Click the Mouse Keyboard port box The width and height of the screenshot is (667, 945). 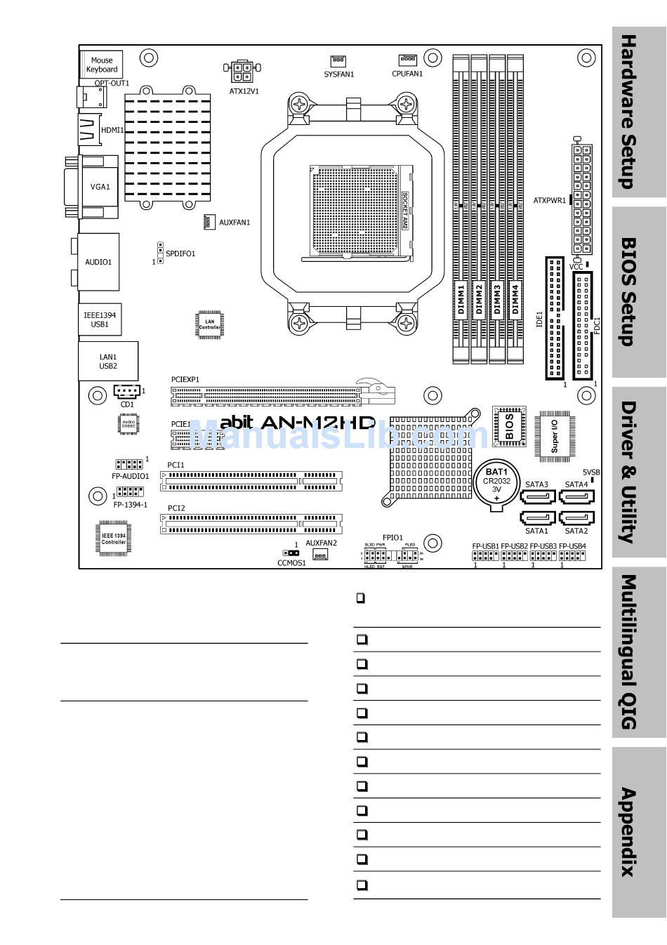[x=102, y=65]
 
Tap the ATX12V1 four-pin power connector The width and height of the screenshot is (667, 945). [x=242, y=71]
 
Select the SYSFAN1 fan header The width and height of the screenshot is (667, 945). [x=338, y=61]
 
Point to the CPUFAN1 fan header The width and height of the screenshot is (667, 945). [x=407, y=60]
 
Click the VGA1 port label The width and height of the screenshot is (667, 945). [x=100, y=187]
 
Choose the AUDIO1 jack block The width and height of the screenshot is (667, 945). [x=98, y=262]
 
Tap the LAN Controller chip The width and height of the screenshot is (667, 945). [x=209, y=324]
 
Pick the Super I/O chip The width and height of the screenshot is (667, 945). [x=555, y=435]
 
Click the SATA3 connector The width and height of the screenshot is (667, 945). [x=537, y=497]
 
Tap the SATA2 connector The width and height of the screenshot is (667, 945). [x=576, y=518]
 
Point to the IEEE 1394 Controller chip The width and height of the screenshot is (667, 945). [x=114, y=538]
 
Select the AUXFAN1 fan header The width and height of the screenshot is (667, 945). [x=209, y=222]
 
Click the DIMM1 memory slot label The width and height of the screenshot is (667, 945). [x=461, y=299]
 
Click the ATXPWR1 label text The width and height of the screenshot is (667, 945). [x=549, y=201]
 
